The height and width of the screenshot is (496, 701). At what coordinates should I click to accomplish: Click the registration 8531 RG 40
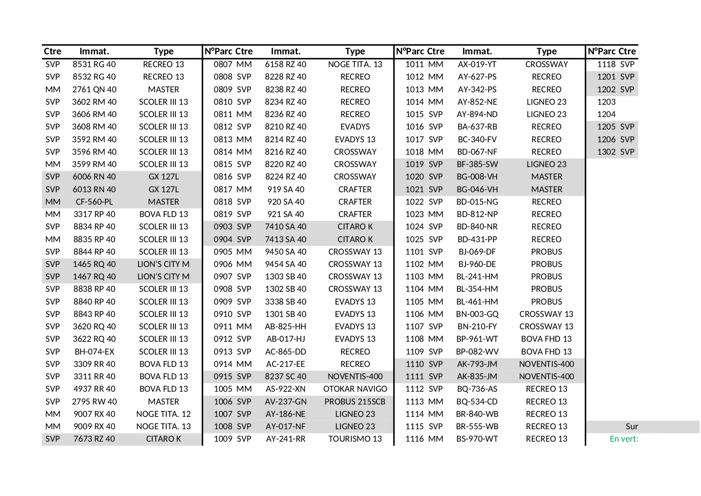point(94,64)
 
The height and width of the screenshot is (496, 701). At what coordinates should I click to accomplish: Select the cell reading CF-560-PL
point(94,202)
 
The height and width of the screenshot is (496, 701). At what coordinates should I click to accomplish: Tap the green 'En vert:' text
point(624,439)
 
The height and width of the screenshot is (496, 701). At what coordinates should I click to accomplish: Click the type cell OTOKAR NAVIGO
point(355,389)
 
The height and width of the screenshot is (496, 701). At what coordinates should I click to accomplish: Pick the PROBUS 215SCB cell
point(355,402)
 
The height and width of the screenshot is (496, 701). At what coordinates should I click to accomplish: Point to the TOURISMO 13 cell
point(355,439)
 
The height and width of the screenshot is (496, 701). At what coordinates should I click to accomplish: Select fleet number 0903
point(223,227)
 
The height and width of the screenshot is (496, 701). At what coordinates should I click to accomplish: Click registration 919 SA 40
point(285,189)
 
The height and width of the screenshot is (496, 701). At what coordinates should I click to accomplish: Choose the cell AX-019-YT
point(477,64)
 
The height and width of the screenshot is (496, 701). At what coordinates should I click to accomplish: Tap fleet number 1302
point(606,152)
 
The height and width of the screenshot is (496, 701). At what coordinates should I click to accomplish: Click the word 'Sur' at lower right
point(631,426)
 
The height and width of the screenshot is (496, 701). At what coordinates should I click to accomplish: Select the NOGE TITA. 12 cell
point(163,414)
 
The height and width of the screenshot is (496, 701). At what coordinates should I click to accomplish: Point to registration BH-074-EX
point(94,352)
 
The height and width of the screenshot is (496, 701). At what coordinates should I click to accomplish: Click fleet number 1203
point(606,102)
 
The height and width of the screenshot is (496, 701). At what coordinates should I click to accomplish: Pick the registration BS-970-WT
point(477,439)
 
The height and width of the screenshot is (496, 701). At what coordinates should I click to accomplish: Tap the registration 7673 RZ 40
point(94,439)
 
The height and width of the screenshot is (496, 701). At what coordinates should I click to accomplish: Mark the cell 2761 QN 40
point(94,90)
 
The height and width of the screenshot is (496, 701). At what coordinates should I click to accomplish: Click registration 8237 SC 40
point(285,376)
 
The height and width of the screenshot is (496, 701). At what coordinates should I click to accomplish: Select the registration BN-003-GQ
point(477,314)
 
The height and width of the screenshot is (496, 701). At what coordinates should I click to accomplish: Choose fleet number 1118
point(606,64)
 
